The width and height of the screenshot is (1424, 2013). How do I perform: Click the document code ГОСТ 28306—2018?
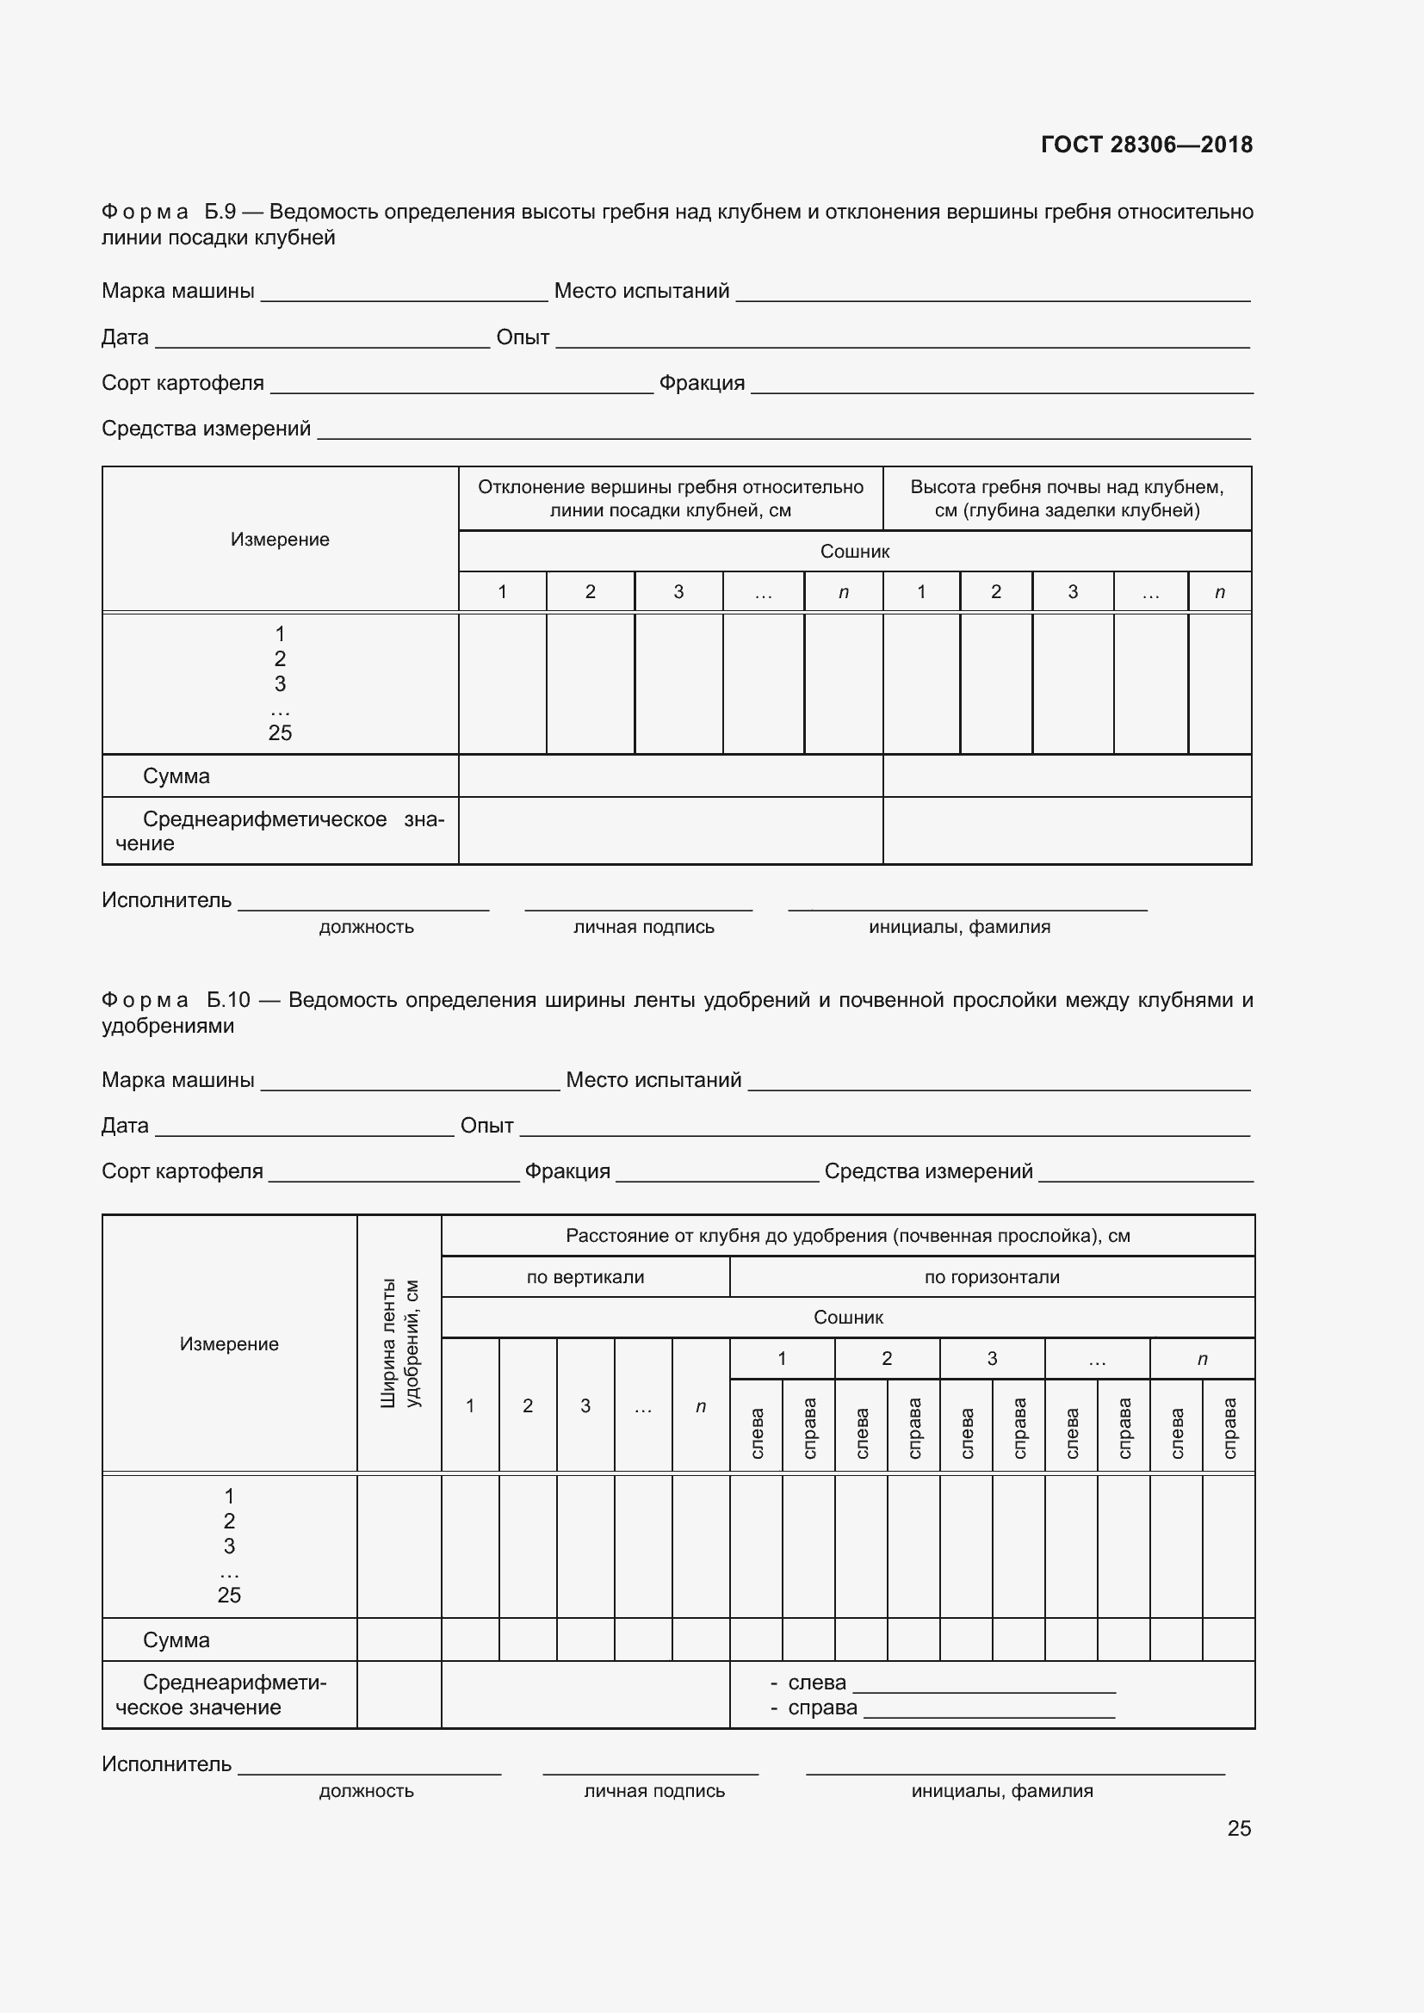[x=1146, y=145]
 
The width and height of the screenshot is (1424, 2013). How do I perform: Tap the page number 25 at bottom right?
[x=1238, y=1828]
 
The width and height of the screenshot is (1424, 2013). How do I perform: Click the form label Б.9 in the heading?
[x=220, y=212]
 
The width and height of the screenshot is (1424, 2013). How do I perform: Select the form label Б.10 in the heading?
[x=228, y=999]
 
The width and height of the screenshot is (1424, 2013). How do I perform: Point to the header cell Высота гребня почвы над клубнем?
[x=1066, y=498]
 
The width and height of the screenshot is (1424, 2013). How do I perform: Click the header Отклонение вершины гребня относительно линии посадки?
[x=670, y=498]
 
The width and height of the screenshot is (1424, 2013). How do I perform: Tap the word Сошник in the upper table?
[x=854, y=552]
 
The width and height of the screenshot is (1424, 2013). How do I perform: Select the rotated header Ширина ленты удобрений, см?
[x=399, y=1343]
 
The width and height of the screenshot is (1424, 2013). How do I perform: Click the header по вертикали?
[x=585, y=1277]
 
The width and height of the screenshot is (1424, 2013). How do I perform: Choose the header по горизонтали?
[x=991, y=1277]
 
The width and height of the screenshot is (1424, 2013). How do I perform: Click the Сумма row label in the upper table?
[x=176, y=776]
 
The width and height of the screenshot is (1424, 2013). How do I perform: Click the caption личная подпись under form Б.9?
[x=644, y=927]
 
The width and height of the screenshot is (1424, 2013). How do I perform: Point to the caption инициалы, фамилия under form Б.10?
[x=1001, y=1791]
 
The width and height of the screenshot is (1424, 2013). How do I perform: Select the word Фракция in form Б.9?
[x=702, y=383]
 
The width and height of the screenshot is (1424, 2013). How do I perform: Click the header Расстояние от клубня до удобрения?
[x=847, y=1235]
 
